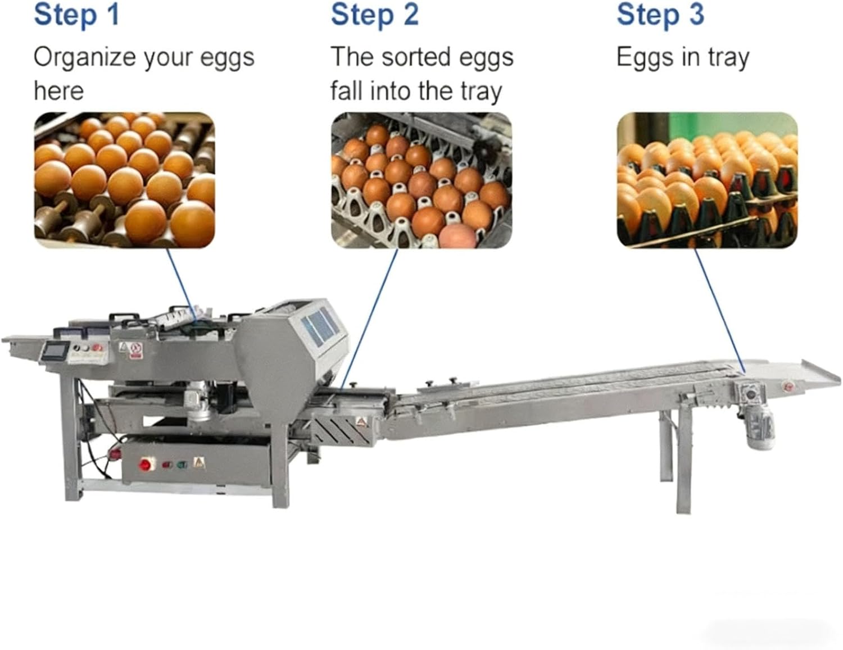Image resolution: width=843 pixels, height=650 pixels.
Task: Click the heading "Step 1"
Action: tap(76, 15)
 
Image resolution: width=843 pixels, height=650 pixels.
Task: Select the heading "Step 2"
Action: tap(374, 15)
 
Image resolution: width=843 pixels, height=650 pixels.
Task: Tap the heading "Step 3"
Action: tap(660, 15)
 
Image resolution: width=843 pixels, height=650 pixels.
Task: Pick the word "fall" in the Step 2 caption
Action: tap(347, 91)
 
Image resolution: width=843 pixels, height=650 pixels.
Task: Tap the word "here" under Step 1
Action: tap(58, 91)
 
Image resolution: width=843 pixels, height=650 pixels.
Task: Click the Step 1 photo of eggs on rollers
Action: tap(124, 180)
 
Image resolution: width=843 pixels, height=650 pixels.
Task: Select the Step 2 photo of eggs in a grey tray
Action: tap(421, 180)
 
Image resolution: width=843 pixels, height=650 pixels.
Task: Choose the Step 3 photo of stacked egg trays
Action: tap(707, 180)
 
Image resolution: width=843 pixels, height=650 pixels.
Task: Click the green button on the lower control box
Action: tap(182, 465)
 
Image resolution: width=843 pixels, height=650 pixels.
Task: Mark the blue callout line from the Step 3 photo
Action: tap(719, 309)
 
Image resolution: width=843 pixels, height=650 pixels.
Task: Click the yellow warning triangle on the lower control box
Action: tap(197, 463)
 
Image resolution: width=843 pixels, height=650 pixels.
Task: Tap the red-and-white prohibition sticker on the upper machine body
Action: tap(135, 349)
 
